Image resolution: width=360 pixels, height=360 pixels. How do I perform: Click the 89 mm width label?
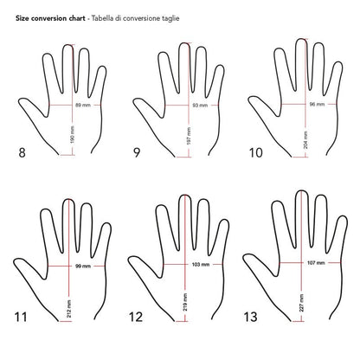[83, 104]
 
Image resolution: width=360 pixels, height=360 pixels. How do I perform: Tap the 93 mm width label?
[199, 104]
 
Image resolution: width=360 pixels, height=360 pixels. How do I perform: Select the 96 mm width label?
[316, 104]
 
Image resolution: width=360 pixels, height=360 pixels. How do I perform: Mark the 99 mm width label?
[82, 265]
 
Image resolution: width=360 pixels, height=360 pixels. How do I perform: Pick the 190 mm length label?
[72, 136]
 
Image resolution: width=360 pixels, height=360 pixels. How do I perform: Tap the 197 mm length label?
[188, 136]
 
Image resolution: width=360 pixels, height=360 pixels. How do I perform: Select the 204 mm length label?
[305, 137]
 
